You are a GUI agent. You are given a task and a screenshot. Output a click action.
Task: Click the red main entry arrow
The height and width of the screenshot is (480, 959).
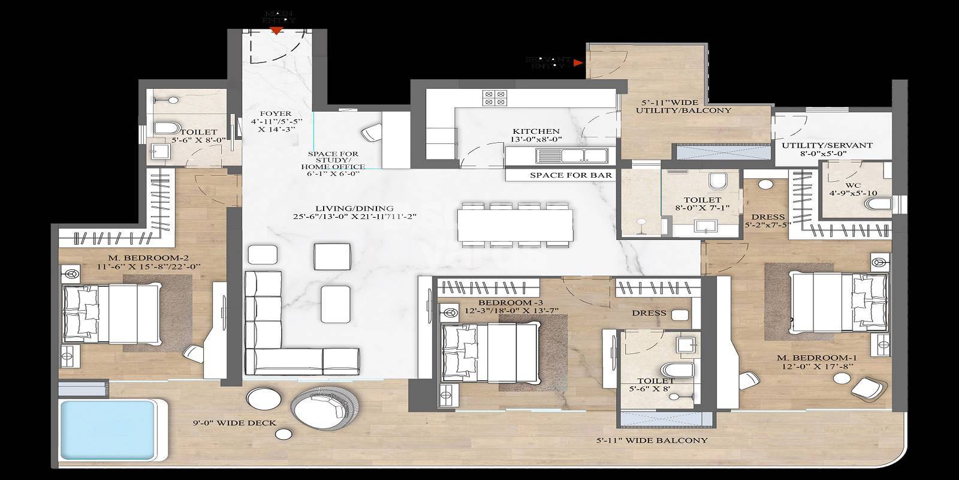[x=275, y=30]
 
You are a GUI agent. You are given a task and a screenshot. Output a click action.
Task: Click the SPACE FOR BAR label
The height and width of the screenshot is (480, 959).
[x=571, y=175]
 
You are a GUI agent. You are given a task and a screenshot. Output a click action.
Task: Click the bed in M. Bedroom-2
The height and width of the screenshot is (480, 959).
[x=111, y=312]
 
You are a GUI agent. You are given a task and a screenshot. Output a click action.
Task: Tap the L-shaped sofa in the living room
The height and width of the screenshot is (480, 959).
[x=282, y=336]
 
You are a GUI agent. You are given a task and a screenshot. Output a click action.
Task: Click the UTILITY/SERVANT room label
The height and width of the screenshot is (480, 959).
[x=827, y=145]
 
